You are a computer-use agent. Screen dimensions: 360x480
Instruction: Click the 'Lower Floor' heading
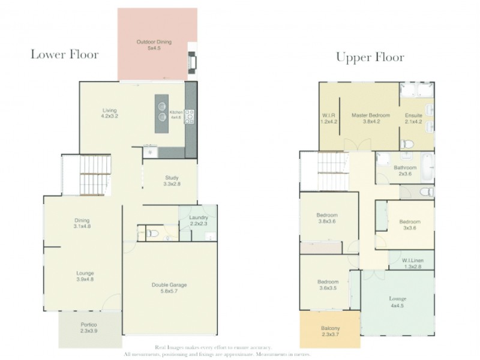(64, 55)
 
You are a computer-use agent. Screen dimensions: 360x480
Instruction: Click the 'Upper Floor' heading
(370, 58)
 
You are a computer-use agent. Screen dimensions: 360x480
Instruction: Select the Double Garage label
(170, 289)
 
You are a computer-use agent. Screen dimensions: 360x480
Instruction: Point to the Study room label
(172, 181)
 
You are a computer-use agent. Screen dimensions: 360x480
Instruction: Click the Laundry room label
(198, 220)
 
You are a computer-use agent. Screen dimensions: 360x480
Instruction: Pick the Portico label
(89, 328)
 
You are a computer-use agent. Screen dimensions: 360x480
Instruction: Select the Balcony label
(329, 331)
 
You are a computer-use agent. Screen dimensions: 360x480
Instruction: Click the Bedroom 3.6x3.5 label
(328, 285)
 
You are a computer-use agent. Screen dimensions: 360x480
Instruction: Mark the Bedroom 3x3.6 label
(410, 225)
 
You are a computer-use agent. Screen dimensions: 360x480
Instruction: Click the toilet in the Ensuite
(407, 144)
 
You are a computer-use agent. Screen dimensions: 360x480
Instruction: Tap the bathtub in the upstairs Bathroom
(427, 167)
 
